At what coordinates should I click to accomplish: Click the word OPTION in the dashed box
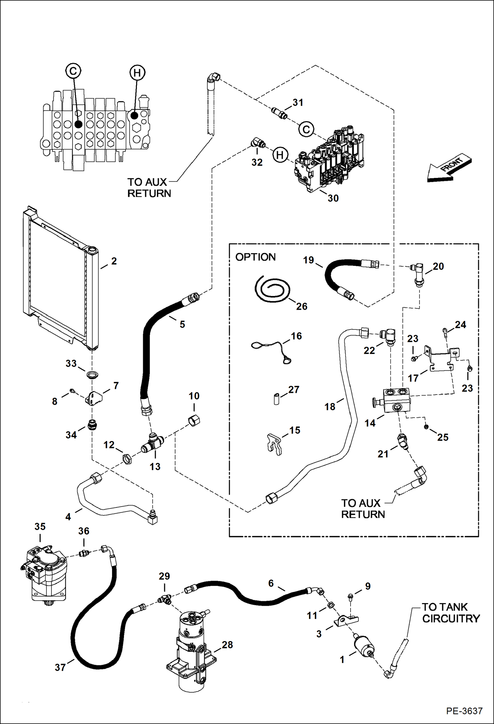click(x=255, y=257)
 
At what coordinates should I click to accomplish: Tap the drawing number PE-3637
click(x=464, y=710)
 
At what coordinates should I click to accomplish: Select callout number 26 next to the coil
click(x=301, y=306)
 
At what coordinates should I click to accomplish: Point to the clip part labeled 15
click(x=274, y=444)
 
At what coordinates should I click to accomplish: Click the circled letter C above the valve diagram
click(x=73, y=71)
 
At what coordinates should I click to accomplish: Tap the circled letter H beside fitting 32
click(x=280, y=155)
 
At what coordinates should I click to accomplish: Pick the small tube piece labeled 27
click(x=277, y=399)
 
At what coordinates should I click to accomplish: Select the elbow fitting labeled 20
click(x=418, y=273)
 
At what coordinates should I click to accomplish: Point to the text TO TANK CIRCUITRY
click(x=450, y=613)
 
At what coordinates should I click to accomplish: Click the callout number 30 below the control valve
click(x=333, y=198)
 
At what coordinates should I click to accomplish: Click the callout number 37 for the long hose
click(x=60, y=668)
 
